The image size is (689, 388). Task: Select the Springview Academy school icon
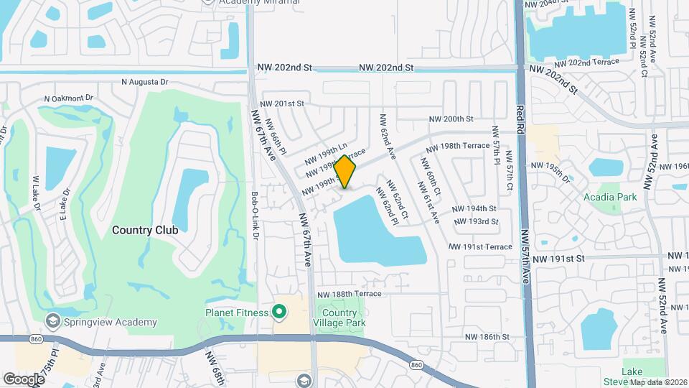click(52, 320)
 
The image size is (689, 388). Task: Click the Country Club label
click(145, 230)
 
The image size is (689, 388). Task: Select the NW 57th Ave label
click(525, 257)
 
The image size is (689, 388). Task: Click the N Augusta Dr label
click(144, 82)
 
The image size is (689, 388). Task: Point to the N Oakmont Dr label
click(69, 98)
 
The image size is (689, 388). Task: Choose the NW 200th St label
click(451, 119)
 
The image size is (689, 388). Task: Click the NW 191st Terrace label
click(480, 246)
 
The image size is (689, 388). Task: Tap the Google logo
click(24, 379)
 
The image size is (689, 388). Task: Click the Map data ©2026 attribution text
click(658, 382)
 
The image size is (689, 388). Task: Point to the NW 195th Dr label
click(557, 172)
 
